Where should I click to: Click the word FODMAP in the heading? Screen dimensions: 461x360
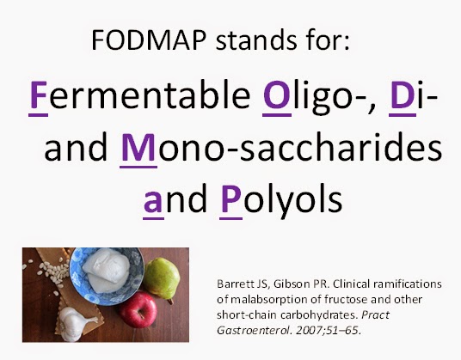click(149, 40)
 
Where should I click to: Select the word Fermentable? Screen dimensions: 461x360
click(139, 95)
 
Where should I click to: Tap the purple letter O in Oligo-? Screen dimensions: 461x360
click(277, 95)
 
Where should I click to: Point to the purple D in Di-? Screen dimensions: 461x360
click(403, 95)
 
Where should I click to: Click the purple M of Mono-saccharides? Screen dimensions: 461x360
click(138, 147)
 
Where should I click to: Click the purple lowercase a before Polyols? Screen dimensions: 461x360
click(153, 202)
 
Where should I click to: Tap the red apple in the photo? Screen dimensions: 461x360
click(138, 309)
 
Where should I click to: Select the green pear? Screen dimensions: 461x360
click(162, 278)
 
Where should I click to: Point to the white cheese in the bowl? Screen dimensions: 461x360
click(107, 270)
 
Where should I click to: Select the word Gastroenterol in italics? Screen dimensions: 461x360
click(254, 330)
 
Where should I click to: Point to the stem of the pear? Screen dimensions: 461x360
click(169, 301)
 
